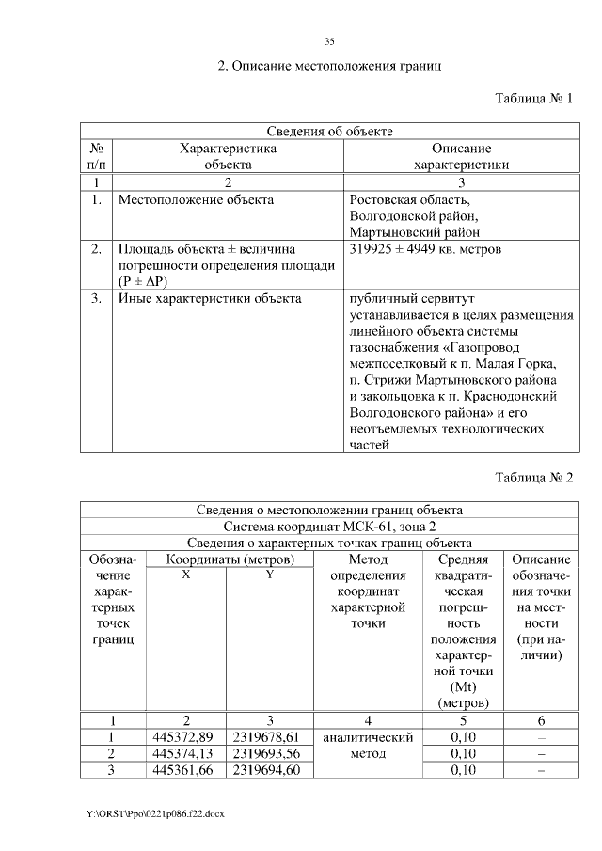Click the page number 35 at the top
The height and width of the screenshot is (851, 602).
coord(329,40)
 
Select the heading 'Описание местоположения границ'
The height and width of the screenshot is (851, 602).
coord(329,67)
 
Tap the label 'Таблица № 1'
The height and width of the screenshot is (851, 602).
coord(533,99)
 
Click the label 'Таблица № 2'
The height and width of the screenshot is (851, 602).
coord(533,477)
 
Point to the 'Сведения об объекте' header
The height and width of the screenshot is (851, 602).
coord(328,131)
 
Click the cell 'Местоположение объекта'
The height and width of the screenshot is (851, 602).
coord(196,199)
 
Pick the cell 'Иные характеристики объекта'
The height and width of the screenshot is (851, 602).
coord(209,299)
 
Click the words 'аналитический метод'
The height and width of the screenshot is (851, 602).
coord(369,746)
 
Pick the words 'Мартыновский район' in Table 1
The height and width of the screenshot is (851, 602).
coord(414,232)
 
